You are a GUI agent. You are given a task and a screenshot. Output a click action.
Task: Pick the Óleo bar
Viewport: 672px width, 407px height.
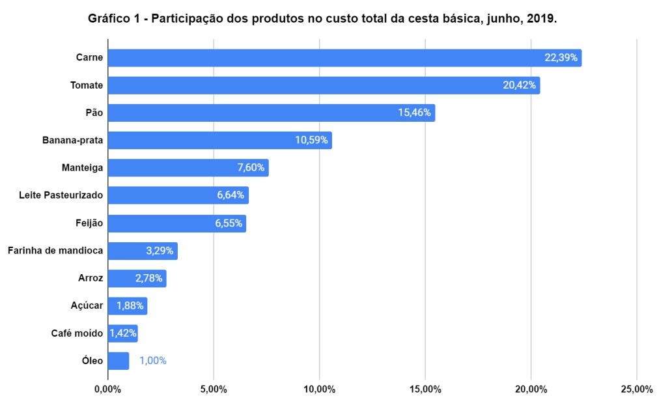[119, 361]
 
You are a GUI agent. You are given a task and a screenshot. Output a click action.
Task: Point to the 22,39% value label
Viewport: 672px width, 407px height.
[561, 58]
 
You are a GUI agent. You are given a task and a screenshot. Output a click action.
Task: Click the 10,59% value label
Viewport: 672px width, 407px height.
[312, 141]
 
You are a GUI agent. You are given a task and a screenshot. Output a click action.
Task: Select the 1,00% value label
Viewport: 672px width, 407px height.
[153, 361]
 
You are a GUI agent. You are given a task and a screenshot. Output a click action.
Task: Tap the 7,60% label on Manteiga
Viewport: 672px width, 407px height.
[251, 168]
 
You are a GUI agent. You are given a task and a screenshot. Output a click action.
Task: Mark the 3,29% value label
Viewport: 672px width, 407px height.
[160, 251]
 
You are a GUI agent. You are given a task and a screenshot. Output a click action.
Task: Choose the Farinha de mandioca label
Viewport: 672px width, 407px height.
[55, 251]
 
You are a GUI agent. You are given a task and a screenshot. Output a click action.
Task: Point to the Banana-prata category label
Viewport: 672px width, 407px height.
[73, 141]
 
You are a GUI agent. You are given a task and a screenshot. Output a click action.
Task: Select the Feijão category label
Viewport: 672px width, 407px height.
[89, 223]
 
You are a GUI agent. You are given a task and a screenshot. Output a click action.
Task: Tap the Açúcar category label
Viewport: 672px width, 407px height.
[87, 305]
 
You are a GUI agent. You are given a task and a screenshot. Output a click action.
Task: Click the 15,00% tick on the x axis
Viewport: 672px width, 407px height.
[425, 389]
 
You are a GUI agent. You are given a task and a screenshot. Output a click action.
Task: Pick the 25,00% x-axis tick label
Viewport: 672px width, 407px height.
[636, 389]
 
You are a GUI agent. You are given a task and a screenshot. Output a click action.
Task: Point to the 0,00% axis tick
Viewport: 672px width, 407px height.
[108, 389]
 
